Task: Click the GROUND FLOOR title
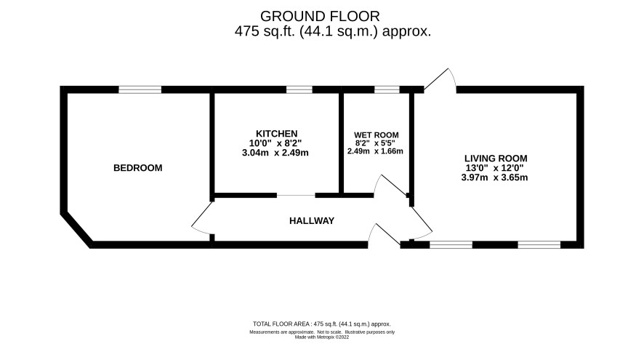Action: (x=320, y=17)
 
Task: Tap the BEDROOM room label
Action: (x=138, y=168)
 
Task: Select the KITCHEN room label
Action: (x=276, y=134)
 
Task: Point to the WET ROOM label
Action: (x=377, y=135)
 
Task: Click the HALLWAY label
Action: (x=312, y=220)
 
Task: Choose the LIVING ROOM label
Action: (x=496, y=159)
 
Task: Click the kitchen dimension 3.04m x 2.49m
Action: (x=275, y=153)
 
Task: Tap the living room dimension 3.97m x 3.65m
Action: (x=494, y=177)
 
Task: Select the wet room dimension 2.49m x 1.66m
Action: (x=375, y=151)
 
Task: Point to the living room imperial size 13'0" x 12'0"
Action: (x=494, y=168)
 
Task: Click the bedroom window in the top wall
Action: (x=140, y=89)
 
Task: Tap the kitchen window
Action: (x=299, y=89)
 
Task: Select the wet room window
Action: (x=387, y=89)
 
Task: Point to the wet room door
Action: (x=390, y=184)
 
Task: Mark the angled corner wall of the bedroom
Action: (x=76, y=230)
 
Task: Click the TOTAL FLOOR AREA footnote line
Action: (x=321, y=324)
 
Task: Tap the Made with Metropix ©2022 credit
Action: (x=321, y=337)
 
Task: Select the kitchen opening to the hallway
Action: (x=296, y=195)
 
